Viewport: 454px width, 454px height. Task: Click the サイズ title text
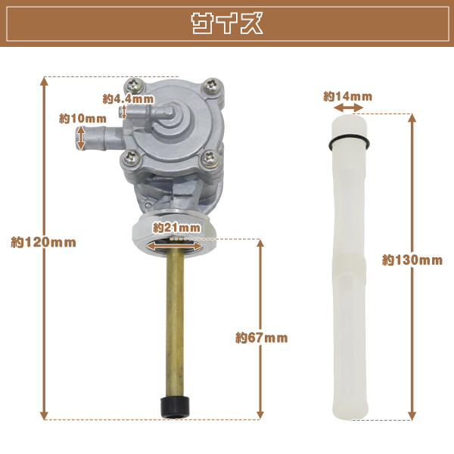tap(227, 23)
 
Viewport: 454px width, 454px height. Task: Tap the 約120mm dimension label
tap(43, 242)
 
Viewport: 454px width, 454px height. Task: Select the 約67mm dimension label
tap(262, 338)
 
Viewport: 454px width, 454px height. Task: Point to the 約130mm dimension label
tap(412, 260)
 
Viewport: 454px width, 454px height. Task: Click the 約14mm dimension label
tap(348, 96)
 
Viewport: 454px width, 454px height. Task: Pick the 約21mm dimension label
tap(176, 228)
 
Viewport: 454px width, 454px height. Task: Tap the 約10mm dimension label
tap(82, 119)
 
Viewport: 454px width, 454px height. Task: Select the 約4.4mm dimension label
tap(129, 99)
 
